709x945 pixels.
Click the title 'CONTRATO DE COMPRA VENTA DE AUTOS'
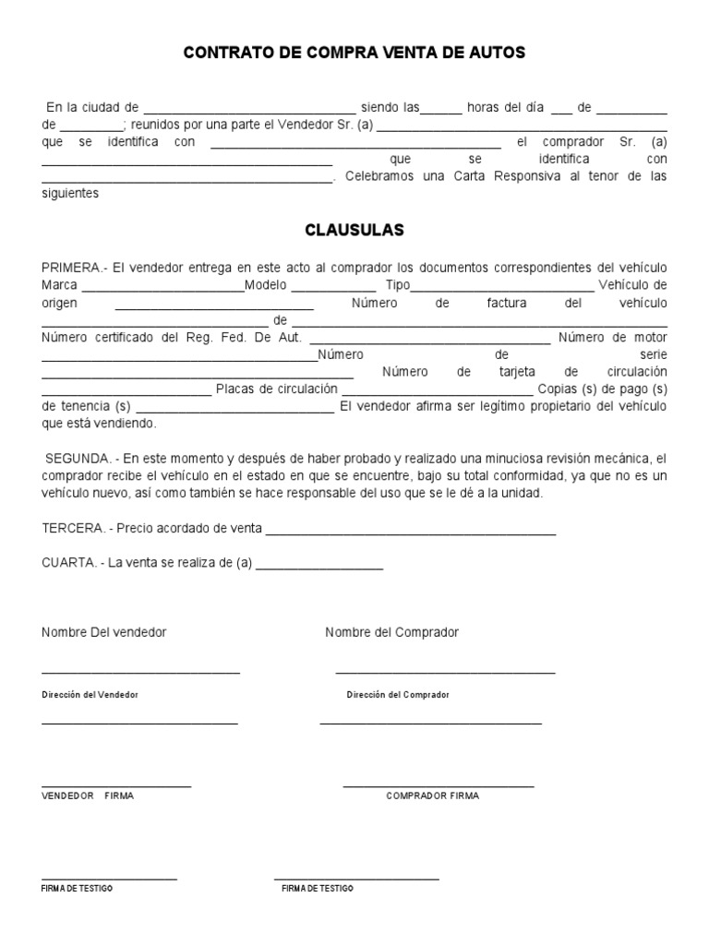[x=354, y=54]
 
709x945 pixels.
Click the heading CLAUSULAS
[x=354, y=230]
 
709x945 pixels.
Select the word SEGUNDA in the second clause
[x=77, y=458]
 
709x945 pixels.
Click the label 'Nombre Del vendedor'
[x=104, y=632]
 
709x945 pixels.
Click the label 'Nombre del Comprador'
[x=391, y=632]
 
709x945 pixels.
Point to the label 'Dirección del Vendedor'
[x=90, y=694]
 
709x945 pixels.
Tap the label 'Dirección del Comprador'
[x=398, y=694]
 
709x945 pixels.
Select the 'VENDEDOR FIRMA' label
[x=88, y=795]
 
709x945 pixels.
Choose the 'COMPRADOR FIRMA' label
[x=432, y=795]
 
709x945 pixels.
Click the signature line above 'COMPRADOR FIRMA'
[x=439, y=786]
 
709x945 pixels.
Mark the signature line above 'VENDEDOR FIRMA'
[x=116, y=786]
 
